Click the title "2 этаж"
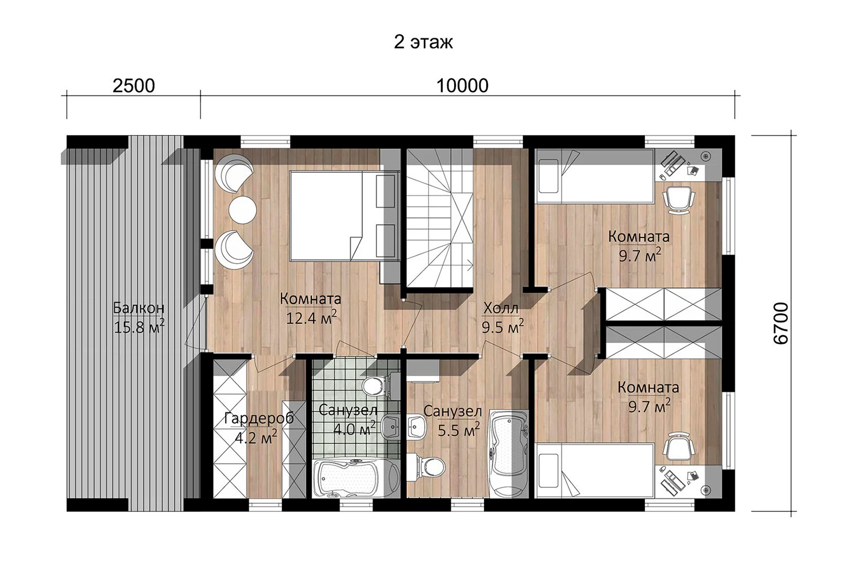pyautogui.click(x=423, y=42)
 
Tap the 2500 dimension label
pyautogui.click(x=134, y=86)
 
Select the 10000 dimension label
pyautogui.click(x=462, y=86)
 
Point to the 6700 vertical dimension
pyautogui.click(x=780, y=323)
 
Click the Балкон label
pyautogui.click(x=138, y=308)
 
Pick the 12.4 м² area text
pyautogui.click(x=312, y=317)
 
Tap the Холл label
pyautogui.click(x=501, y=308)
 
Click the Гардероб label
pyautogui.click(x=259, y=419)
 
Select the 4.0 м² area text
pyautogui.click(x=354, y=428)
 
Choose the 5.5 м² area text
pyautogui.click(x=459, y=430)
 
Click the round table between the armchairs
pyautogui.click(x=243, y=209)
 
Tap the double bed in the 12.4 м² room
pyautogui.click(x=342, y=216)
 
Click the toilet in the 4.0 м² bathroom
pyautogui.click(x=374, y=385)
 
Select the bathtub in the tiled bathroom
pyautogui.click(x=355, y=479)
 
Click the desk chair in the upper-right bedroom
pyautogui.click(x=678, y=199)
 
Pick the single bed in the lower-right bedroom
pyautogui.click(x=595, y=470)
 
